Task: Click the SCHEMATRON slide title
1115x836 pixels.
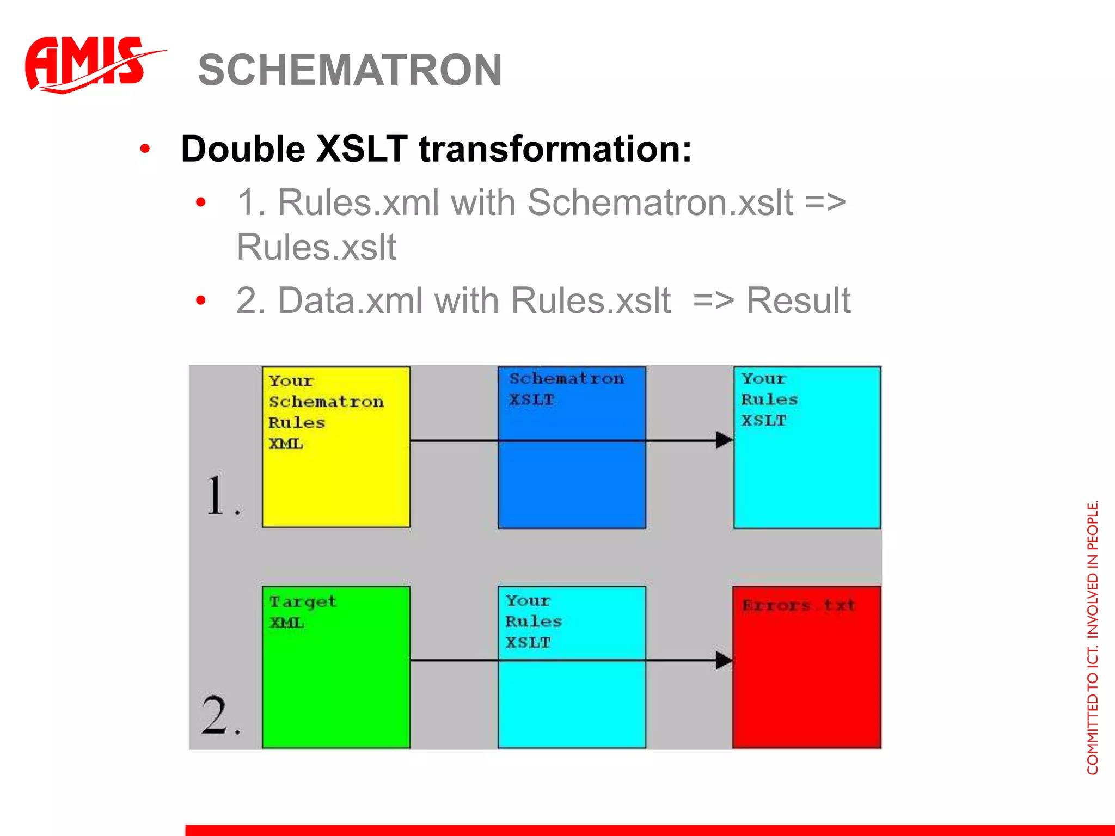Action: pos(350,70)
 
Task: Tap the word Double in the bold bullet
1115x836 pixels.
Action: pos(242,149)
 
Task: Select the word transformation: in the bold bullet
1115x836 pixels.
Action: pos(555,149)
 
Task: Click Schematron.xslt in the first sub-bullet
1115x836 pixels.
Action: pos(660,202)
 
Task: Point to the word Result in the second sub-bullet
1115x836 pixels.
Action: pos(798,300)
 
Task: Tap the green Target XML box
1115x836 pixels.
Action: pos(336,667)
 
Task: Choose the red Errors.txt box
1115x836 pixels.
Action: pos(807,667)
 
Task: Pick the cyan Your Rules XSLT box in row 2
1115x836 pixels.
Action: pos(572,667)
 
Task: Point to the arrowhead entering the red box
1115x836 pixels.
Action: pos(724,660)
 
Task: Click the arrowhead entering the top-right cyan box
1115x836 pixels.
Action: pos(724,440)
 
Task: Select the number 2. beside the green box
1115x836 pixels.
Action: pos(219,715)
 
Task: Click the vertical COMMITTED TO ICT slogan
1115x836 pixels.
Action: pos(1093,637)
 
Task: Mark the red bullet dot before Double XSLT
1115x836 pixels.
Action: pos(145,149)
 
